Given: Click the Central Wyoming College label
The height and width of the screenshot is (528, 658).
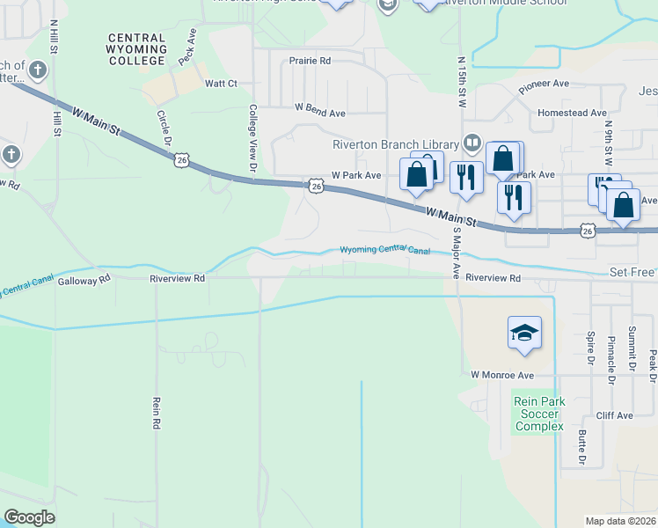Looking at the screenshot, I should [x=136, y=49].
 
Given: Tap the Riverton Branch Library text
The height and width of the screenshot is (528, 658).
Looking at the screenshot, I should [x=395, y=145].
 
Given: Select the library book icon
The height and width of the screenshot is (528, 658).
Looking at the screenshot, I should [x=472, y=143].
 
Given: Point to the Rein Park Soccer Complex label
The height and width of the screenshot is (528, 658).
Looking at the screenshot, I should [x=538, y=414].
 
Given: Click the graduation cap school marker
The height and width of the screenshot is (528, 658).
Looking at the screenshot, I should [x=524, y=333].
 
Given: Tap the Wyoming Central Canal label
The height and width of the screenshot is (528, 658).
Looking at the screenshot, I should [x=385, y=251].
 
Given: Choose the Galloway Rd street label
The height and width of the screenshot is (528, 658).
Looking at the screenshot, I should [x=84, y=280].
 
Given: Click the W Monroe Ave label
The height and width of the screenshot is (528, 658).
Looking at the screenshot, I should [x=502, y=375].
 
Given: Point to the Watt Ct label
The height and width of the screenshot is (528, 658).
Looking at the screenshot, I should [x=221, y=84].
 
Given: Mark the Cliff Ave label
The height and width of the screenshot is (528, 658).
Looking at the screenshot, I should [x=614, y=415].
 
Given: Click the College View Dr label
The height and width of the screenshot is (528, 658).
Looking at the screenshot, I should [x=252, y=138].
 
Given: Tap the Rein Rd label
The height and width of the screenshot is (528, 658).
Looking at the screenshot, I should [x=156, y=412].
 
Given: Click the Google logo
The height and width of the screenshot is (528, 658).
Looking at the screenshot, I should [x=29, y=517].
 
